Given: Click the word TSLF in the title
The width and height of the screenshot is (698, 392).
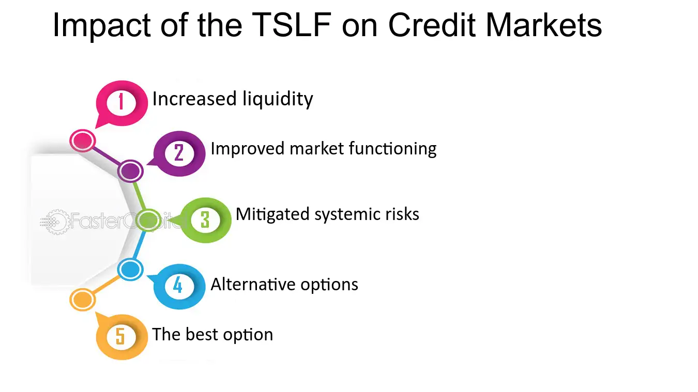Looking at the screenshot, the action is tap(292, 25).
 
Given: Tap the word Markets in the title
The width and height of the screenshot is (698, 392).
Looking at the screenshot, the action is tap(543, 25).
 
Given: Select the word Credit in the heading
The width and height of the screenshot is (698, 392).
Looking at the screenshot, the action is tap(432, 25).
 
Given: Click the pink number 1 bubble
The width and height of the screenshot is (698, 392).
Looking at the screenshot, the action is tap(121, 103).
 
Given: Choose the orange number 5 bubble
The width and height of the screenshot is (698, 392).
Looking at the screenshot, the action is tap(121, 337).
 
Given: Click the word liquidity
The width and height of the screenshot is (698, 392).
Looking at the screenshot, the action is tap(278, 100).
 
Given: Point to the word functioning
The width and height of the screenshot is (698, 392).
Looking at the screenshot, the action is tap(392, 149).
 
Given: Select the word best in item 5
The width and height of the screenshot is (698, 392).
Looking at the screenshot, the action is tap(202, 334).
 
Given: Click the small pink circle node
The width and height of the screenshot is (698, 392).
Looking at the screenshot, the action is tap(82, 140).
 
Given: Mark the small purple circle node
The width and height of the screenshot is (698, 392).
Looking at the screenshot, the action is tap(130, 171).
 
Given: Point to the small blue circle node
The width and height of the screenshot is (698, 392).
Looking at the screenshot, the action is tap(130, 269).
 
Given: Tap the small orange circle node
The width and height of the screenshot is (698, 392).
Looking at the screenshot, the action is tap(82, 300).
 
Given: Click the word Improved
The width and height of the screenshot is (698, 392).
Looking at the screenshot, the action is tap(248, 149).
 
